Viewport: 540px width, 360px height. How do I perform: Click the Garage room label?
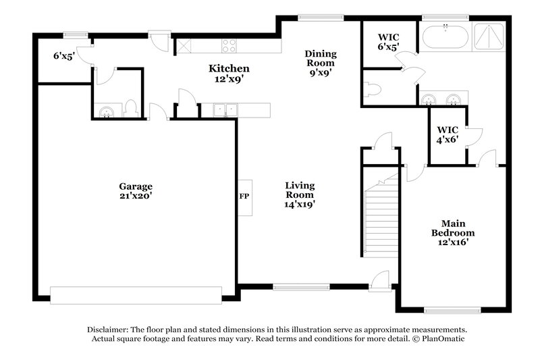tap(136, 191)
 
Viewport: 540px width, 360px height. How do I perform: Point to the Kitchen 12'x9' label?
tap(229, 73)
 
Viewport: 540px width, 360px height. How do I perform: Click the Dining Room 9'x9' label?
tap(320, 63)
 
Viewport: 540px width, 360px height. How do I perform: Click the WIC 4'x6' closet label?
tap(448, 134)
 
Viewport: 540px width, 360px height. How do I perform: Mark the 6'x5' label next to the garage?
tap(63, 57)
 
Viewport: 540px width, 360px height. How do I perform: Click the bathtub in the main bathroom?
tap(444, 36)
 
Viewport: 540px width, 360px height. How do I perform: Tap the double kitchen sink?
tap(224, 109)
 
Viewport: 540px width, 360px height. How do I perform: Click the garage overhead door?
tap(136, 295)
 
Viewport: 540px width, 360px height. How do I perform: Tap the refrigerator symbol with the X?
tap(184, 46)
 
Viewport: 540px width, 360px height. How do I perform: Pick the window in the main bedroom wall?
tap(447, 310)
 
